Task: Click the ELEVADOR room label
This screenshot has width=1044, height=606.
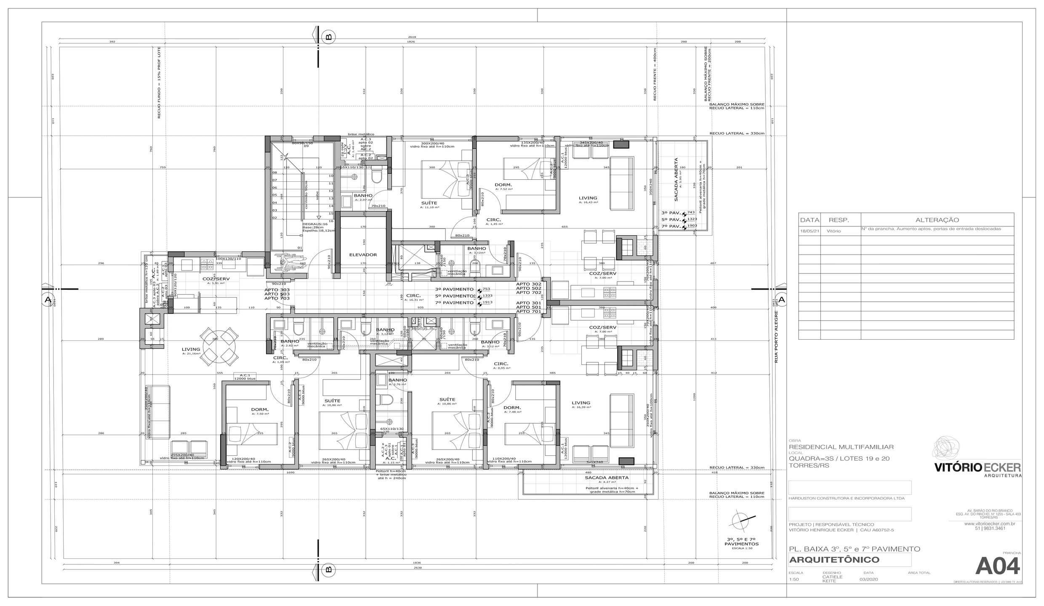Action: pos(363,255)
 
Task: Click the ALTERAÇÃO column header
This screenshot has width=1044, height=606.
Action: pos(937,220)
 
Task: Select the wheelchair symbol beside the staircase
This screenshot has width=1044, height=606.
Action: pos(283,262)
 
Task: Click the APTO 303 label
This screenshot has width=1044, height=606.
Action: pos(277,290)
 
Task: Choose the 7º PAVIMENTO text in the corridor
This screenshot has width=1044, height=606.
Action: pos(454,303)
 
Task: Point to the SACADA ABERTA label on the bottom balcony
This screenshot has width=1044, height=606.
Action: pos(606,478)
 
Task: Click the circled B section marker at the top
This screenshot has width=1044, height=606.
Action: pos(329,37)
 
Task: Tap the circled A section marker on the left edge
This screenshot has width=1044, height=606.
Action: pos(48,300)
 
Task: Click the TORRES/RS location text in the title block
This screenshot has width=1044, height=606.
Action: pos(803,465)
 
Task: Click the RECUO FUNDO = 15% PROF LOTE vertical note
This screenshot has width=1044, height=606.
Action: pos(159,85)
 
